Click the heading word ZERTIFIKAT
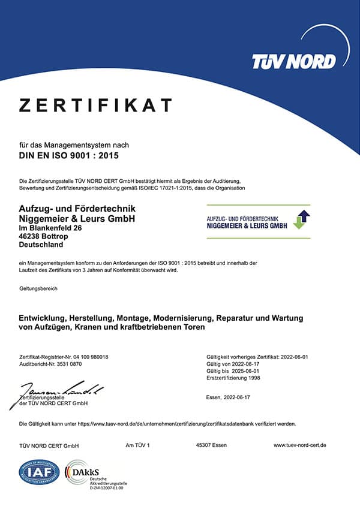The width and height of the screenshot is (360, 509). tap(96, 106)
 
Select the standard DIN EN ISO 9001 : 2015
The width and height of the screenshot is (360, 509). tap(70, 156)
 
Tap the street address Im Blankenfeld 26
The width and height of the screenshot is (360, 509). tap(52, 228)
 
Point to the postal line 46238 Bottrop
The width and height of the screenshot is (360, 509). tap(46, 236)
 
